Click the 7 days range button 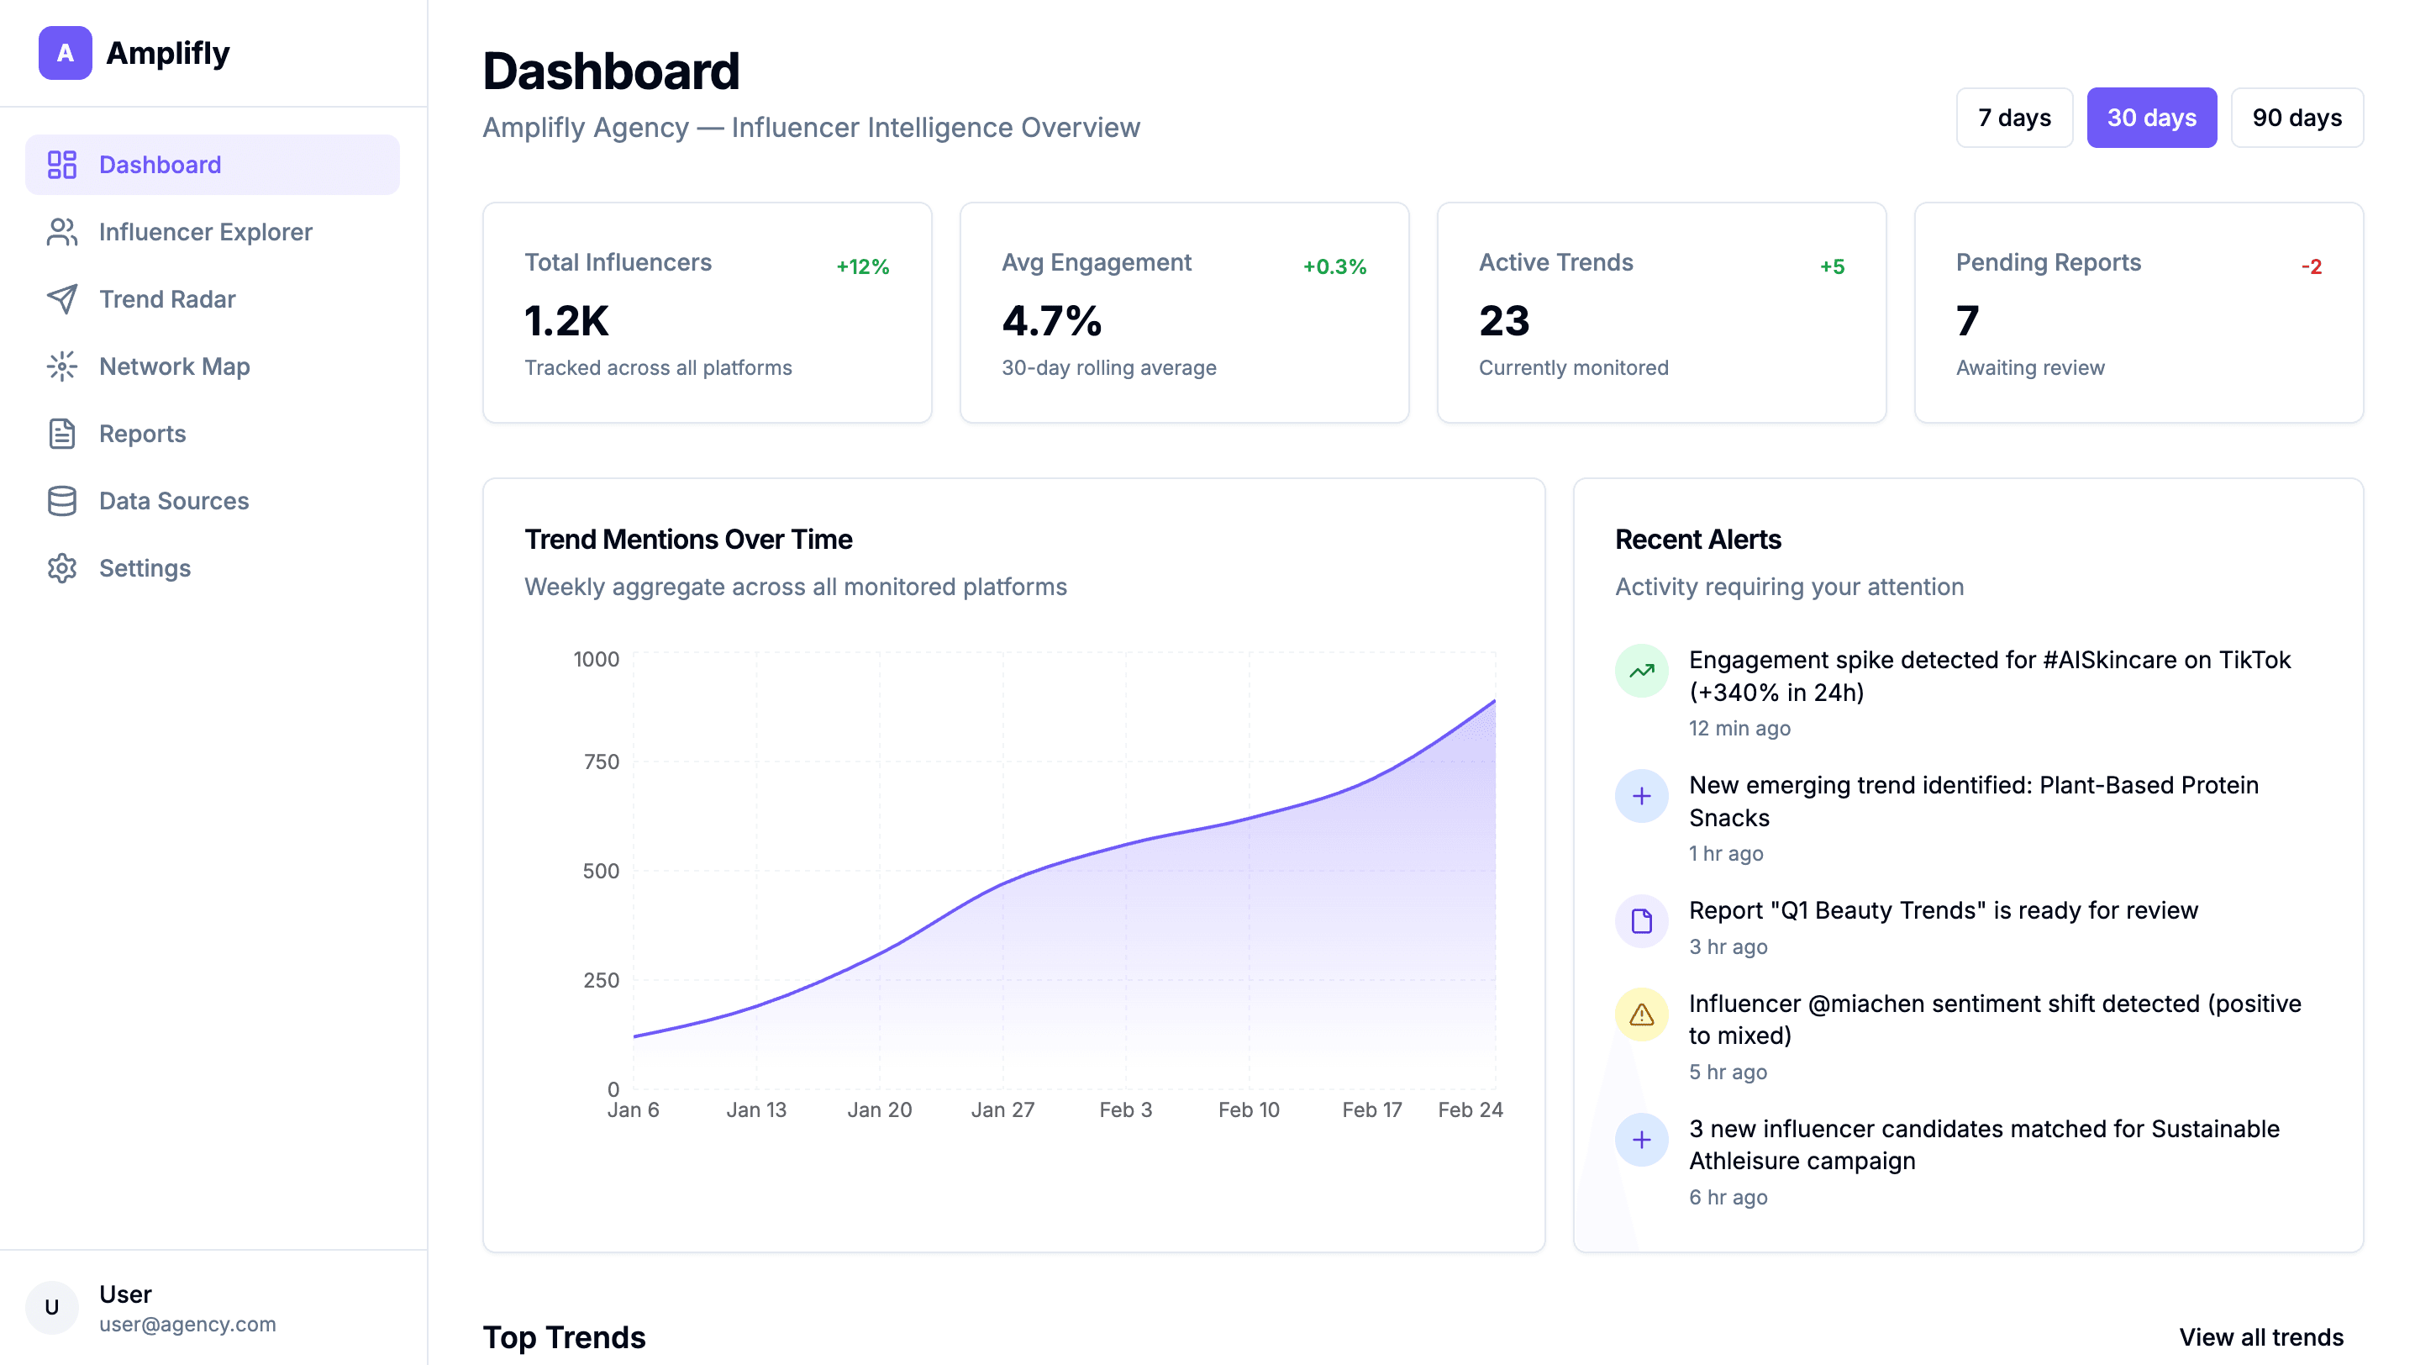pos(2013,119)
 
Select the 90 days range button pos(2297,119)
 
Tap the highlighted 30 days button pos(2151,119)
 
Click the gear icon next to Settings pos(62,568)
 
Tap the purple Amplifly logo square pos(66,54)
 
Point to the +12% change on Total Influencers pos(862,267)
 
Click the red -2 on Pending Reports pos(2312,267)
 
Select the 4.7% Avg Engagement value pos(1052,322)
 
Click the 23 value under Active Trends pos(1505,322)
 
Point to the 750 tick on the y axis pos(602,762)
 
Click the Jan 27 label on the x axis pos(1003,1110)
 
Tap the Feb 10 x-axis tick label pos(1249,1110)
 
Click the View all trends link pos(2261,1338)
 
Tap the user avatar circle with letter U pos(52,1308)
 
